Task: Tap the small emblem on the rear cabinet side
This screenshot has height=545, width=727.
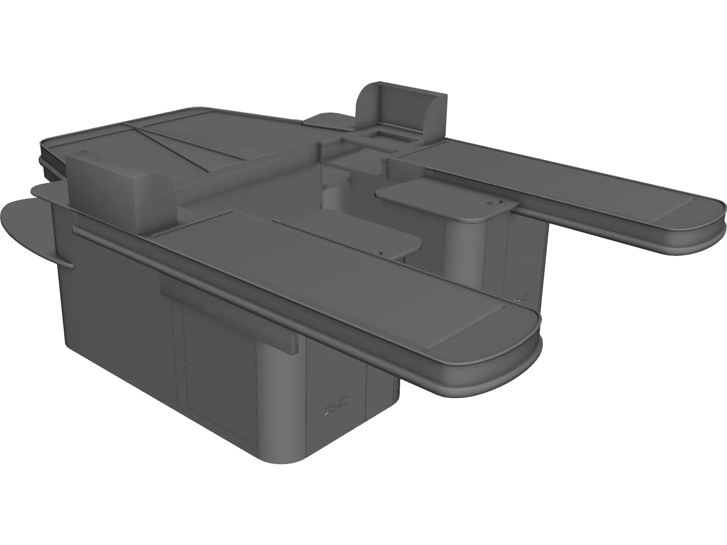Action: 521,298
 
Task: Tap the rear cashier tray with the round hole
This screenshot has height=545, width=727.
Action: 441,198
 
